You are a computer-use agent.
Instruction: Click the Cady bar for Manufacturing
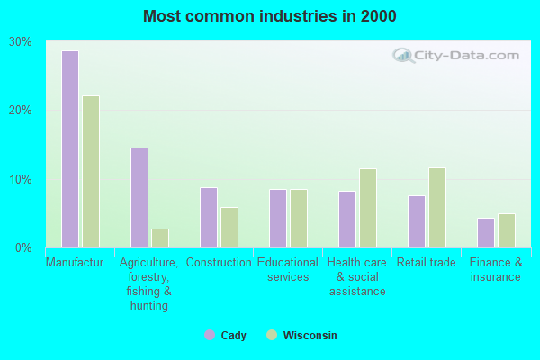[70, 149]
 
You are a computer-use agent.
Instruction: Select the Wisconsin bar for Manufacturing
[91, 172]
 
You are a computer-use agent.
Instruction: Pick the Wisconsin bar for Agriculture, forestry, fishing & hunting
[160, 238]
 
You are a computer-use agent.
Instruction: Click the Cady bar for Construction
[209, 218]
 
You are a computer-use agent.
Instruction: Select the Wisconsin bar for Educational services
[299, 219]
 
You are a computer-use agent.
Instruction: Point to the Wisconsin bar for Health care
[368, 209]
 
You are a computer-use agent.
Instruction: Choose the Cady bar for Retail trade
[417, 221]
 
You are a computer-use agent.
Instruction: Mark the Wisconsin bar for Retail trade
[437, 208]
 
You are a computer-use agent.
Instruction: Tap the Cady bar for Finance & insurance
[486, 233]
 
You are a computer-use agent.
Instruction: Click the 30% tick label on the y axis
[21, 42]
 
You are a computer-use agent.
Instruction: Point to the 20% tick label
[21, 111]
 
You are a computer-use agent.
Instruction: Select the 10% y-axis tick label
[21, 179]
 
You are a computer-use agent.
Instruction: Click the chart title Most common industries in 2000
[269, 16]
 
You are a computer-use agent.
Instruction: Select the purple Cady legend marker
[210, 335]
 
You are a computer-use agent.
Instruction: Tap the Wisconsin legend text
[310, 336]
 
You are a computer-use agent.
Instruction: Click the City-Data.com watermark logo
[455, 56]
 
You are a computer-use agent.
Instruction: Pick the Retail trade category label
[427, 263]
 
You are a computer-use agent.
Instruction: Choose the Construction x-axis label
[219, 263]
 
